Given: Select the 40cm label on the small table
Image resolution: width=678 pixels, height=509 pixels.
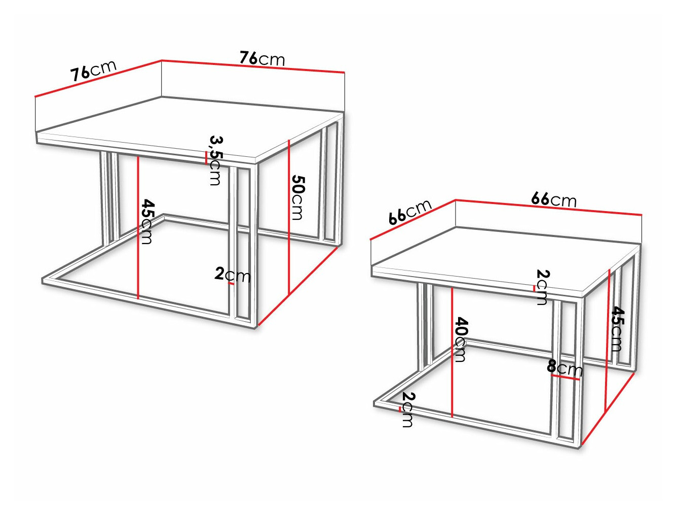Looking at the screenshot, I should [461, 340].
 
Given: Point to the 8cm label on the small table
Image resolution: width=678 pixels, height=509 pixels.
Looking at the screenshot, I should [564, 367].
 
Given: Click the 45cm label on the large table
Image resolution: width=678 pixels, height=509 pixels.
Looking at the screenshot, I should [147, 221].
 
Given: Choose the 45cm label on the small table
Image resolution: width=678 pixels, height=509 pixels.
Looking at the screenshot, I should [617, 328].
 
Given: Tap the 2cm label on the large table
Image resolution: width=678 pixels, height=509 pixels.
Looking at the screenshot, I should [233, 275].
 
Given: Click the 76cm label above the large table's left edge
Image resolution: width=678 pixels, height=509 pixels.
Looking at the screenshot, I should [93, 71].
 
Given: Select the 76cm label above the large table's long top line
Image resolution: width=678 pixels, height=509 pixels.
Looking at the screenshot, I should [262, 59].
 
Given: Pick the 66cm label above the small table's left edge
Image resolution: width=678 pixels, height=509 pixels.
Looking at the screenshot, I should [410, 212].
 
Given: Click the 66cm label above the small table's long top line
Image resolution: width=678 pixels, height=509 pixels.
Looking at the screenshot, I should [553, 199].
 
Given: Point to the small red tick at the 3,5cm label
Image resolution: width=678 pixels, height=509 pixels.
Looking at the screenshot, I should [206, 158].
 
